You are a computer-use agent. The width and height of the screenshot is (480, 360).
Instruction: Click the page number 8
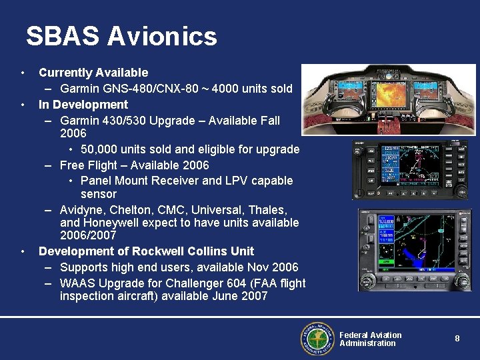[457, 339]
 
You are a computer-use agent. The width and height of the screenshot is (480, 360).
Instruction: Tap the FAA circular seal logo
[317, 339]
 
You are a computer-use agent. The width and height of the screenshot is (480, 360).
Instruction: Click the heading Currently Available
[93, 73]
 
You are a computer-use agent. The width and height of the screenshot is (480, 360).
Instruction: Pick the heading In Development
[83, 105]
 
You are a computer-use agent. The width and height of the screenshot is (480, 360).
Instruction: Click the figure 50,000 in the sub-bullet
[101, 149]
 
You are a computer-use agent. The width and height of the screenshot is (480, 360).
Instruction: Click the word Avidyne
[83, 210]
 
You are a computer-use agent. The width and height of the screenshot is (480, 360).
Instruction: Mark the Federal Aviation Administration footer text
[370, 339]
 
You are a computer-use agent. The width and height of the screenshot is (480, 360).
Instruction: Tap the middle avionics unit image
[412, 170]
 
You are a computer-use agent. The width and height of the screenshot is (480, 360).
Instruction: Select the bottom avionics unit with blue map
[414, 251]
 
